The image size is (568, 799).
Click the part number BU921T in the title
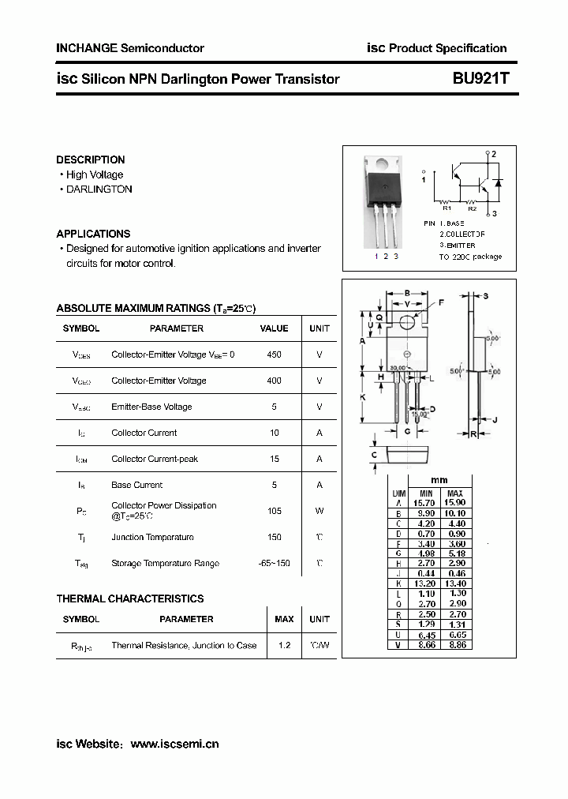tap(481, 79)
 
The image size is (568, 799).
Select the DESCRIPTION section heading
tap(91, 159)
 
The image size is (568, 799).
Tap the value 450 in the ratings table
tap(274, 354)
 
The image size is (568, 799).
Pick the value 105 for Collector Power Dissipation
tap(274, 511)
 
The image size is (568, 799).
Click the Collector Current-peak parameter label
tap(155, 459)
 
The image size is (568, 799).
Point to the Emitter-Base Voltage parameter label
tap(151, 407)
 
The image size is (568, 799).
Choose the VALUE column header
tap(274, 328)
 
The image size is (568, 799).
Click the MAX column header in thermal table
tap(284, 619)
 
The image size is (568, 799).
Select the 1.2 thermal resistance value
tap(284, 645)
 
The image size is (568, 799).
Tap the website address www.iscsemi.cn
tap(174, 744)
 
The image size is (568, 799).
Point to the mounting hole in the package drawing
tap(407, 322)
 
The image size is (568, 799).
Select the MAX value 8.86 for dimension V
tap(456, 645)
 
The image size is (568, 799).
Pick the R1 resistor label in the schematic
tap(446, 208)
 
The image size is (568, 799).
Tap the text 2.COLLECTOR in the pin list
tap(462, 234)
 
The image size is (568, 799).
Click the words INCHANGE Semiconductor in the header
tap(130, 48)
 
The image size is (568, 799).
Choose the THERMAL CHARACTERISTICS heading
tap(130, 598)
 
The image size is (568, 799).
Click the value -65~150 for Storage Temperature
tap(274, 563)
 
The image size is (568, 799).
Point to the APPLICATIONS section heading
tap(93, 234)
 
